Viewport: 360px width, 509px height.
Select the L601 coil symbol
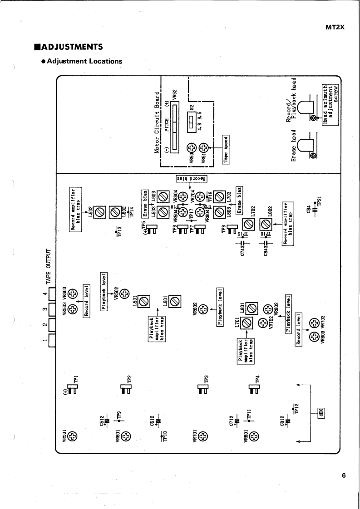pos(175,300)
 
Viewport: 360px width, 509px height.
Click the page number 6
pos(344,475)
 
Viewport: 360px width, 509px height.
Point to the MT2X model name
pos(336,27)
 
